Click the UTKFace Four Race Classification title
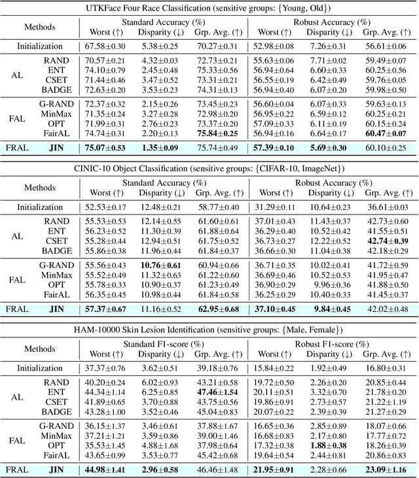(209, 7)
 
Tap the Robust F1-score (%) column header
(331, 345)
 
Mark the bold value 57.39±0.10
(272, 148)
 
